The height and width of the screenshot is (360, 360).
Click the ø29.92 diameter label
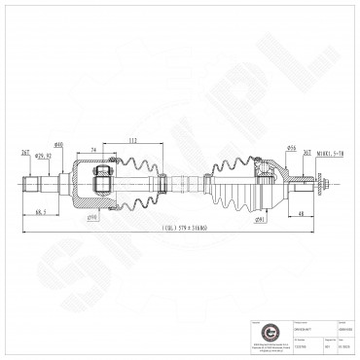(43, 156)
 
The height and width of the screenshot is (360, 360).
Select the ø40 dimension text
(58, 145)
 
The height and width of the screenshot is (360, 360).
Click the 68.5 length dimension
(40, 213)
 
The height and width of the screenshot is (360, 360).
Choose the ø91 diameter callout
(261, 220)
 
